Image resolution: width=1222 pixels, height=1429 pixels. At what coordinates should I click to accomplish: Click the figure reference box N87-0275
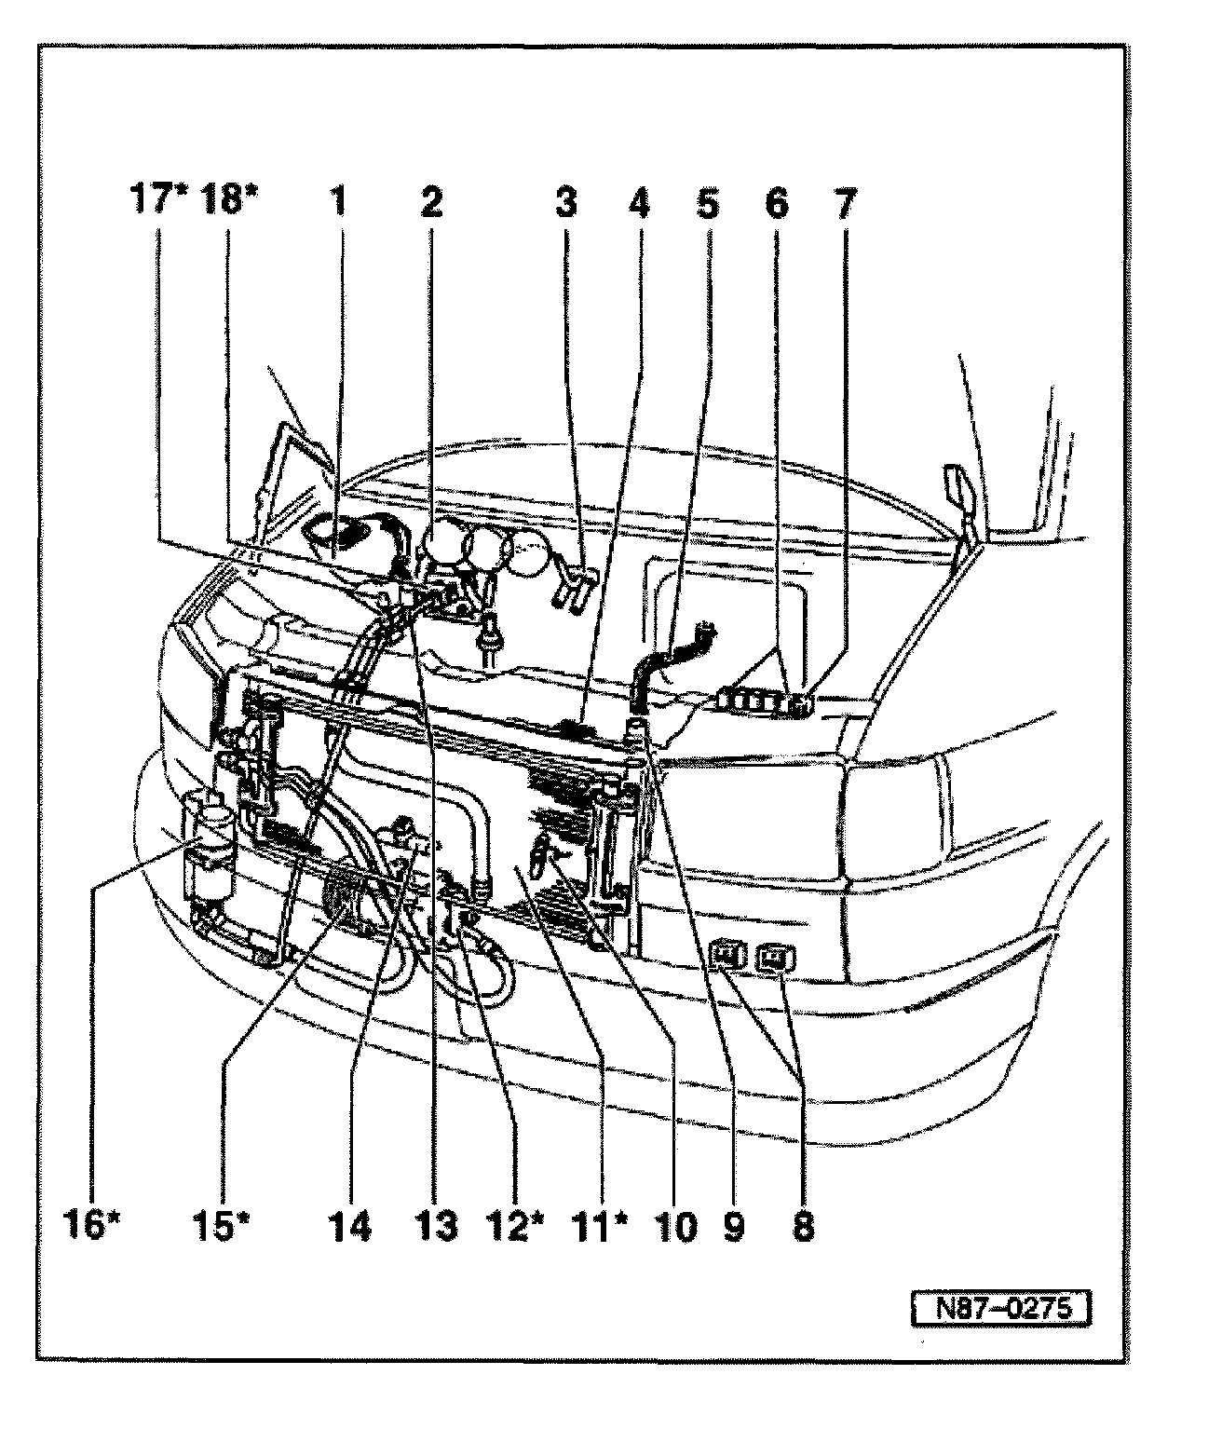pos(999,1309)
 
